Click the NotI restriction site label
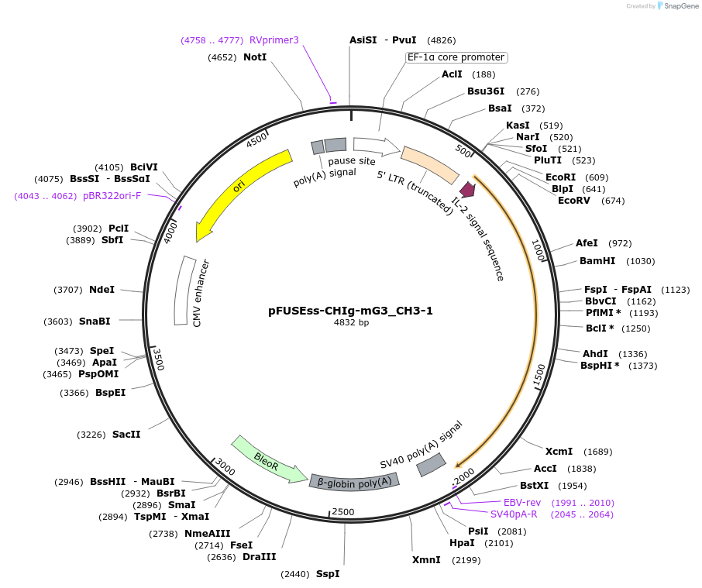coord(255,57)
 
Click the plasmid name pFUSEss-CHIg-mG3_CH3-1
coord(350,311)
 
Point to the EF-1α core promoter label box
coord(456,57)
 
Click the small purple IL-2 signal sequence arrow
coord(467,189)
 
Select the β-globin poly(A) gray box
coord(356,481)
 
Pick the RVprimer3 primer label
coord(274,40)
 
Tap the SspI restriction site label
coord(327,574)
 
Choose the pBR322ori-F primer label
coord(112,196)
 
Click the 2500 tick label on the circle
coord(342,512)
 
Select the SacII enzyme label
coord(126,435)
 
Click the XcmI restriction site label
coord(559,452)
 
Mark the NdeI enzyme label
coord(102,290)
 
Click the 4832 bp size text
coord(350,322)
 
